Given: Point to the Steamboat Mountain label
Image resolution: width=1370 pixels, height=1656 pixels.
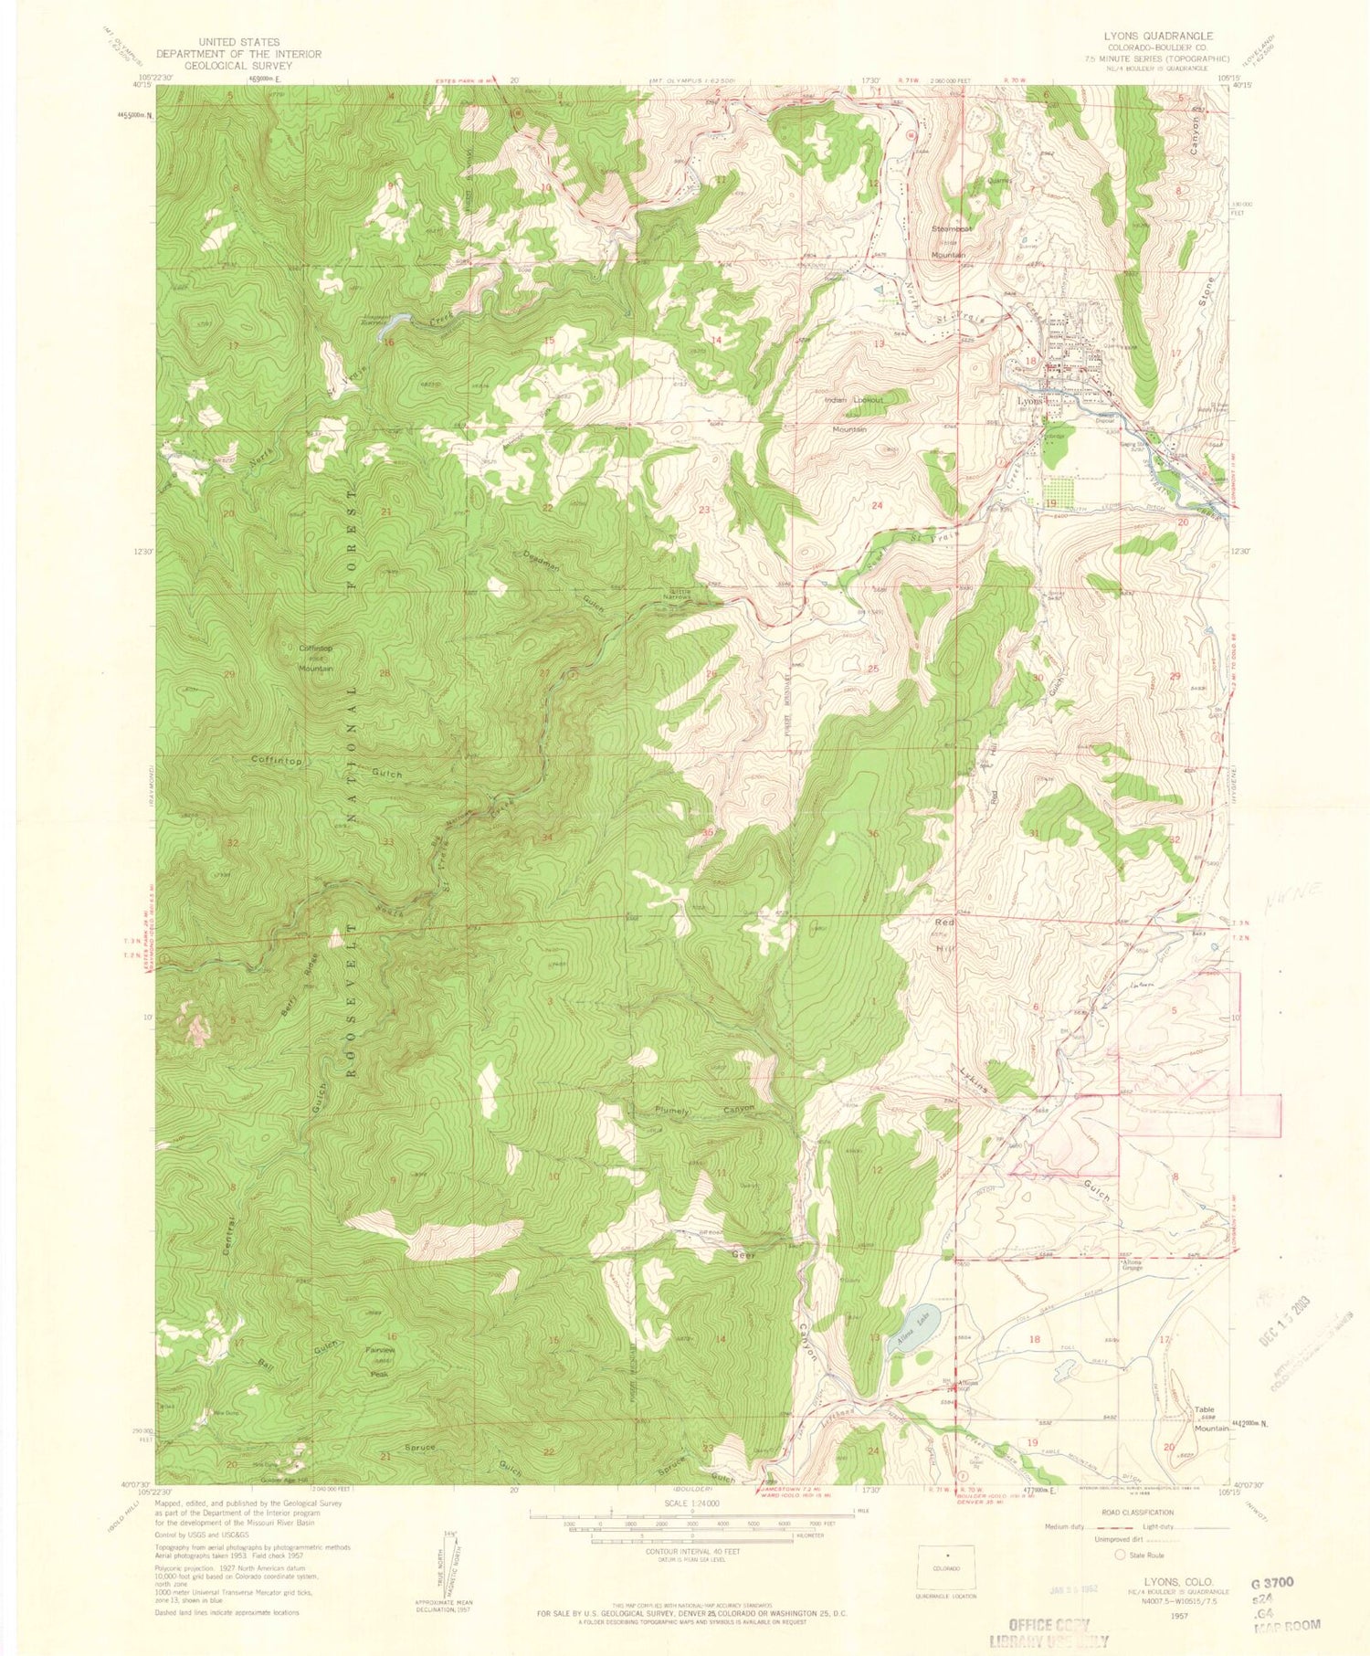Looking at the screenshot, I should point(950,242).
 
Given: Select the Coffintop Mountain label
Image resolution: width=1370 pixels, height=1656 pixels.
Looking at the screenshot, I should point(316,659).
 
